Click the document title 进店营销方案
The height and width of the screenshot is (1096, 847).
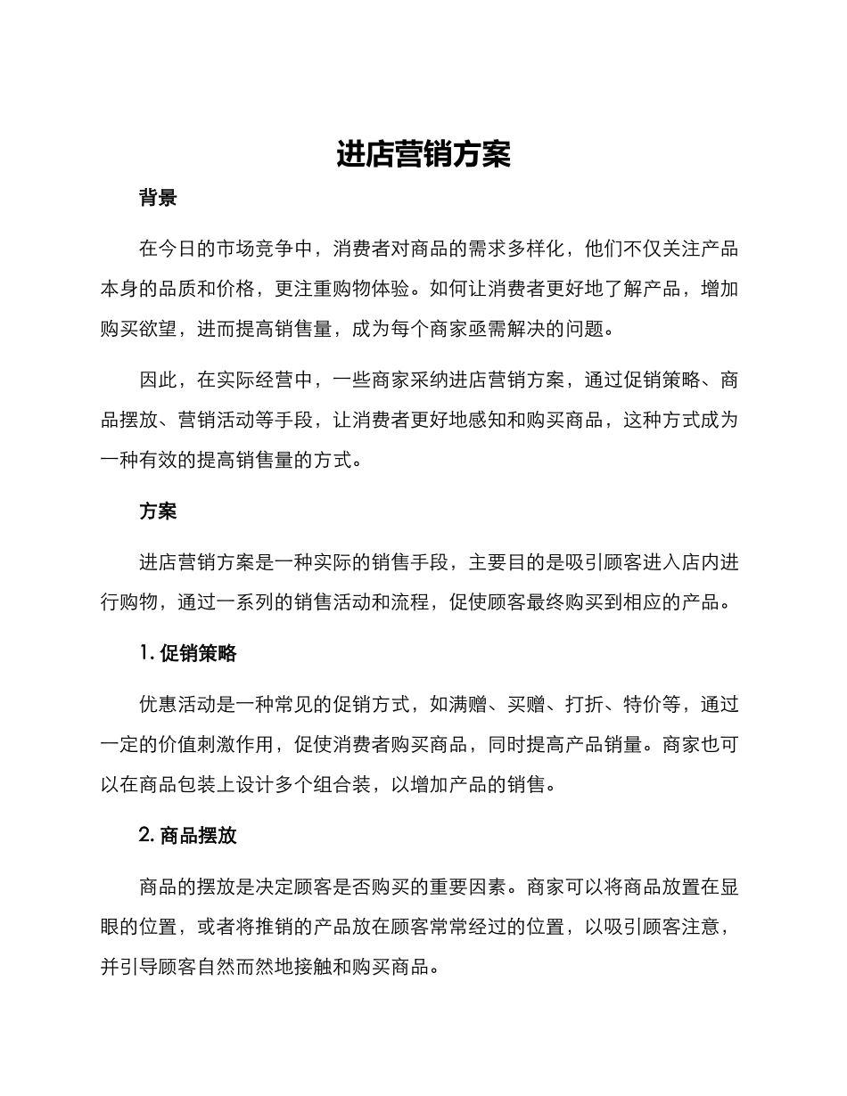coord(423,154)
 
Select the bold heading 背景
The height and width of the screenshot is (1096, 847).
coord(158,199)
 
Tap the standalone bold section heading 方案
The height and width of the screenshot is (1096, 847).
coord(158,511)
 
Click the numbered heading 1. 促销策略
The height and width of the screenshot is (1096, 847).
coord(188,653)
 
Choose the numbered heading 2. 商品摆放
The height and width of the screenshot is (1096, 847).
coord(188,836)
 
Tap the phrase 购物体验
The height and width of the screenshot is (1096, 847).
coord(371,289)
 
